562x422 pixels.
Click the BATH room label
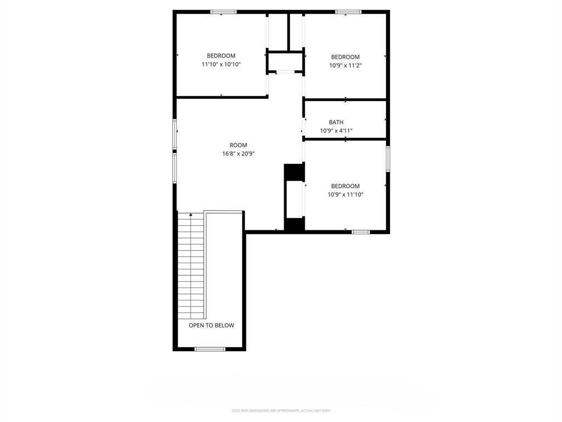[x=336, y=122]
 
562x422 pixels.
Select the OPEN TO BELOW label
[x=211, y=325]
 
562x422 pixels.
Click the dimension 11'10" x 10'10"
[x=221, y=64]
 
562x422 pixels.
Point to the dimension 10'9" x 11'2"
[x=345, y=65]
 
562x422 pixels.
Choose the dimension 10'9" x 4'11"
[x=336, y=131]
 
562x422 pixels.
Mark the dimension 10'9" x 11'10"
[x=345, y=195]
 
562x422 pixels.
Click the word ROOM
[x=238, y=145]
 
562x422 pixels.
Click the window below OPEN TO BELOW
[x=210, y=349]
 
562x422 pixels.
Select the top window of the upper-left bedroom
[x=223, y=12]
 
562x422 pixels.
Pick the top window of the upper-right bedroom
[x=349, y=12]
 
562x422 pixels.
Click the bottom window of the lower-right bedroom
[x=361, y=232]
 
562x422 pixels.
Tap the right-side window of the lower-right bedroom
[x=388, y=159]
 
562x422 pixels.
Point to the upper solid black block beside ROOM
[x=294, y=172]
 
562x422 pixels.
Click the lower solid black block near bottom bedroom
[x=294, y=224]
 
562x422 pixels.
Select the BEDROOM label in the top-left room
[x=221, y=55]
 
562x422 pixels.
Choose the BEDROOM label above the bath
[x=345, y=57]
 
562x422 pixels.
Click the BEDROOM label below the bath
[x=345, y=186]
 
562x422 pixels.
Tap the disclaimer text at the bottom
[x=281, y=410]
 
